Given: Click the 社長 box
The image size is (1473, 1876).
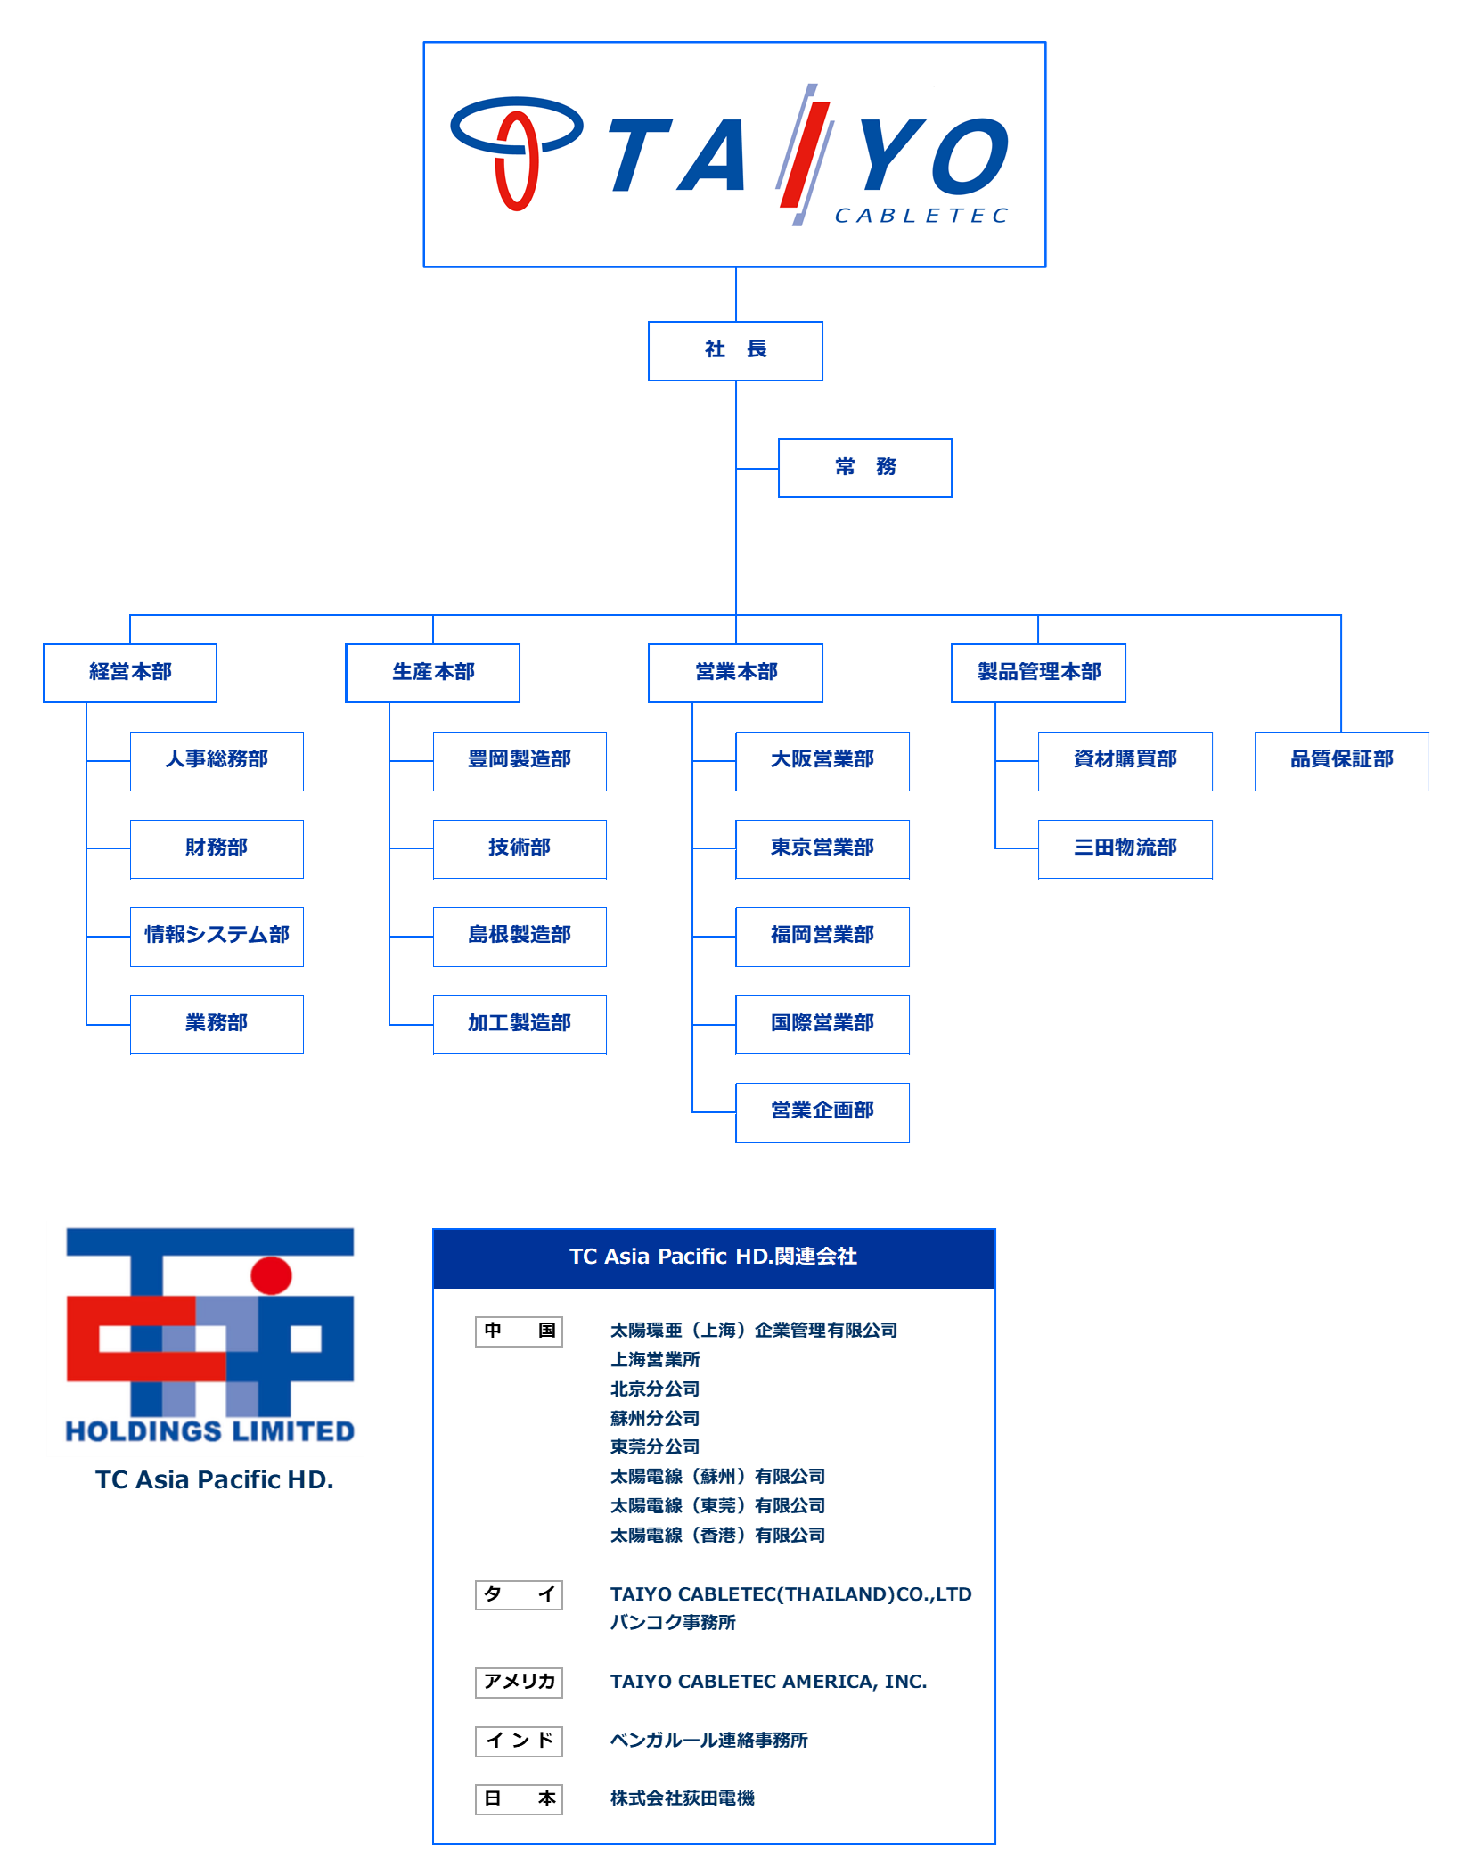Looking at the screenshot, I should [735, 350].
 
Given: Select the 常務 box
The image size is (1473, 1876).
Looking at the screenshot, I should [865, 468].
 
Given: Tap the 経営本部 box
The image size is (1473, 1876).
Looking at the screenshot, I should [130, 673].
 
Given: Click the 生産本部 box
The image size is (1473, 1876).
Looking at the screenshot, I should [433, 673].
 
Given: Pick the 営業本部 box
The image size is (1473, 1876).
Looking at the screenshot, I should [736, 673].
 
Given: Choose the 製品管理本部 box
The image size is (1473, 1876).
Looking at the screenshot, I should [1039, 673].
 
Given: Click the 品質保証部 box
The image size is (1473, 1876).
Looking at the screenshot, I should [1341, 761].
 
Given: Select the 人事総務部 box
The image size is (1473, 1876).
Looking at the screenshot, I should [217, 761].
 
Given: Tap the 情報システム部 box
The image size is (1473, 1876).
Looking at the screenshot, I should [217, 937].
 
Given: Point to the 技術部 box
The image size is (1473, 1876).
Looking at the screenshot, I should [520, 848].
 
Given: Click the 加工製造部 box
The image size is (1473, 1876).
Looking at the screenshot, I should [520, 1025].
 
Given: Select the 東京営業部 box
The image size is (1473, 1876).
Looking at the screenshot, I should [822, 848].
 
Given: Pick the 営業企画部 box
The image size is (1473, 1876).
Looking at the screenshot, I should [822, 1112].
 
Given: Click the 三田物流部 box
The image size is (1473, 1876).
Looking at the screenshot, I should [1125, 848].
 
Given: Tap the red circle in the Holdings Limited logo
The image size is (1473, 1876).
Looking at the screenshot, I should [271, 1275].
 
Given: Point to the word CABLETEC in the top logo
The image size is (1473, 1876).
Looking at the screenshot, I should [921, 216].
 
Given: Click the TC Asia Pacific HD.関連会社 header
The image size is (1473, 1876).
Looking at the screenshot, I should [714, 1257].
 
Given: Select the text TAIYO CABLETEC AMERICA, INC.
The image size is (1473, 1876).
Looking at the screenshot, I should [768, 1682].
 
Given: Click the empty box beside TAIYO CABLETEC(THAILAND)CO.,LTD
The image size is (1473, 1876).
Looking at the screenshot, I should [520, 1595].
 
